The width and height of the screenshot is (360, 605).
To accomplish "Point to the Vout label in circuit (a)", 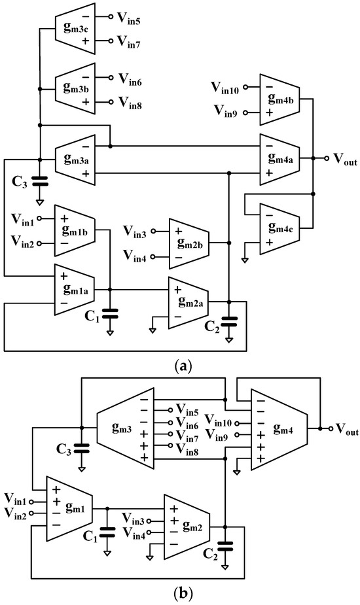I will [x=344, y=159].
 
